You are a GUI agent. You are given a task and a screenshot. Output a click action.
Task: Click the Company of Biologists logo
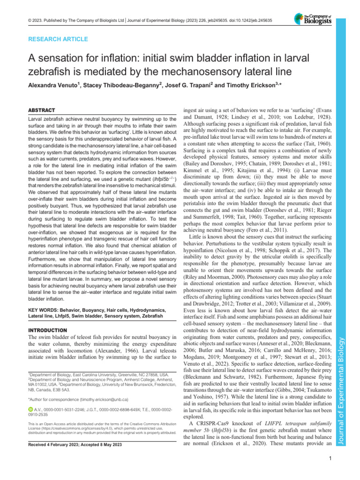click(x=313, y=19)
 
